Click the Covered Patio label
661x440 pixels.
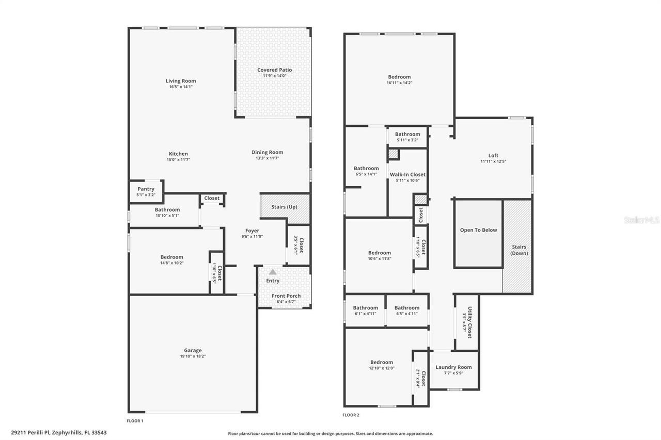[x=274, y=70]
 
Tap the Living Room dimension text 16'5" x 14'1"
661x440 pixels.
[x=181, y=87]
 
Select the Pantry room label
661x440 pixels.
[x=146, y=189]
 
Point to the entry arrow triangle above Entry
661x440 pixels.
[x=273, y=271]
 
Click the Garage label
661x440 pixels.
[x=193, y=350]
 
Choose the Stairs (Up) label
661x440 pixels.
[x=285, y=207]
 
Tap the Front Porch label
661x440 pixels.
[x=286, y=296]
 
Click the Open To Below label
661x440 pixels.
[x=478, y=230]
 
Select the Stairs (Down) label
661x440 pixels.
[x=519, y=250]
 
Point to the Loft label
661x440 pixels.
[x=493, y=155]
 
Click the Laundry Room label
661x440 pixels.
[x=453, y=367]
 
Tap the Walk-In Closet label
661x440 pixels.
[x=407, y=174]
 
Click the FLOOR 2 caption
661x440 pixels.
[x=351, y=415]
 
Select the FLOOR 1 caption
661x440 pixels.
[x=135, y=421]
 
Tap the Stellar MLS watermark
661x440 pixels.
[x=642, y=220]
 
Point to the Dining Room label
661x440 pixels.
[x=267, y=152]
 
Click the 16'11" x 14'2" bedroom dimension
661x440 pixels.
[x=399, y=83]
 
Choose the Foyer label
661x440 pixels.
[x=252, y=231]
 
